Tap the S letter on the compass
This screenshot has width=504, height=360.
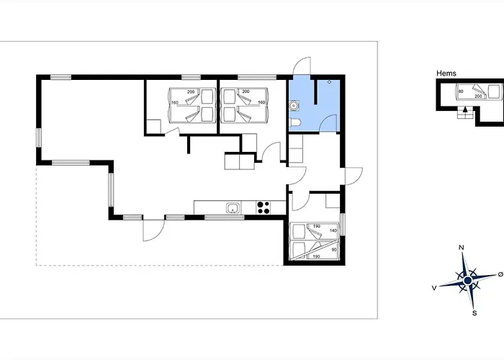click(x=474, y=312)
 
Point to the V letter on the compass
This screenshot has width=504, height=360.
click(x=435, y=287)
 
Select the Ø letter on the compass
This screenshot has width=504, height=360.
click(x=500, y=275)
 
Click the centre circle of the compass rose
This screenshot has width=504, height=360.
click(x=468, y=280)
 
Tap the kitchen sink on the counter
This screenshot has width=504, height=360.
click(x=232, y=209)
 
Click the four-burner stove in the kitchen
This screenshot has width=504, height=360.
click(x=264, y=208)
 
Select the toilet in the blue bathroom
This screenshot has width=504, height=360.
click(x=297, y=124)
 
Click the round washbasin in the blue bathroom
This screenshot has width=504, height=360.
click(x=293, y=106)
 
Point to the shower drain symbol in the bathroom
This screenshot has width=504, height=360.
click(x=329, y=82)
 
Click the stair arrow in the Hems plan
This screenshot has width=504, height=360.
click(x=465, y=111)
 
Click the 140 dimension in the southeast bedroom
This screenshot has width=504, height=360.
click(x=333, y=230)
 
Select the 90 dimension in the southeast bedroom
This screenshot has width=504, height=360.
click(x=334, y=250)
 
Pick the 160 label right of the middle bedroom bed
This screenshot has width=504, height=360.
click(x=261, y=102)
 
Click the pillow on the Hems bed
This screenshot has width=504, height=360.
click(x=493, y=91)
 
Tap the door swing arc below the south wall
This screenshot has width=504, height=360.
click(x=153, y=230)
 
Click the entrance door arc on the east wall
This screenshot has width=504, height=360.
click(x=354, y=176)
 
